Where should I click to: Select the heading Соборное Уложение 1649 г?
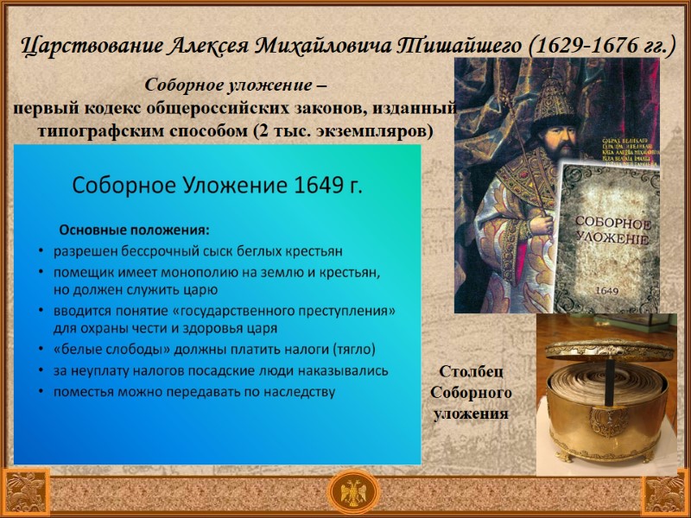pyautogui.click(x=217, y=186)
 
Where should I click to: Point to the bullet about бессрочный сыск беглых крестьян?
pyautogui.click(x=198, y=251)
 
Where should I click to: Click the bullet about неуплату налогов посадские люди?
pyautogui.click(x=220, y=370)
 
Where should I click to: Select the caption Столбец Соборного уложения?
pyautogui.click(x=471, y=393)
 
